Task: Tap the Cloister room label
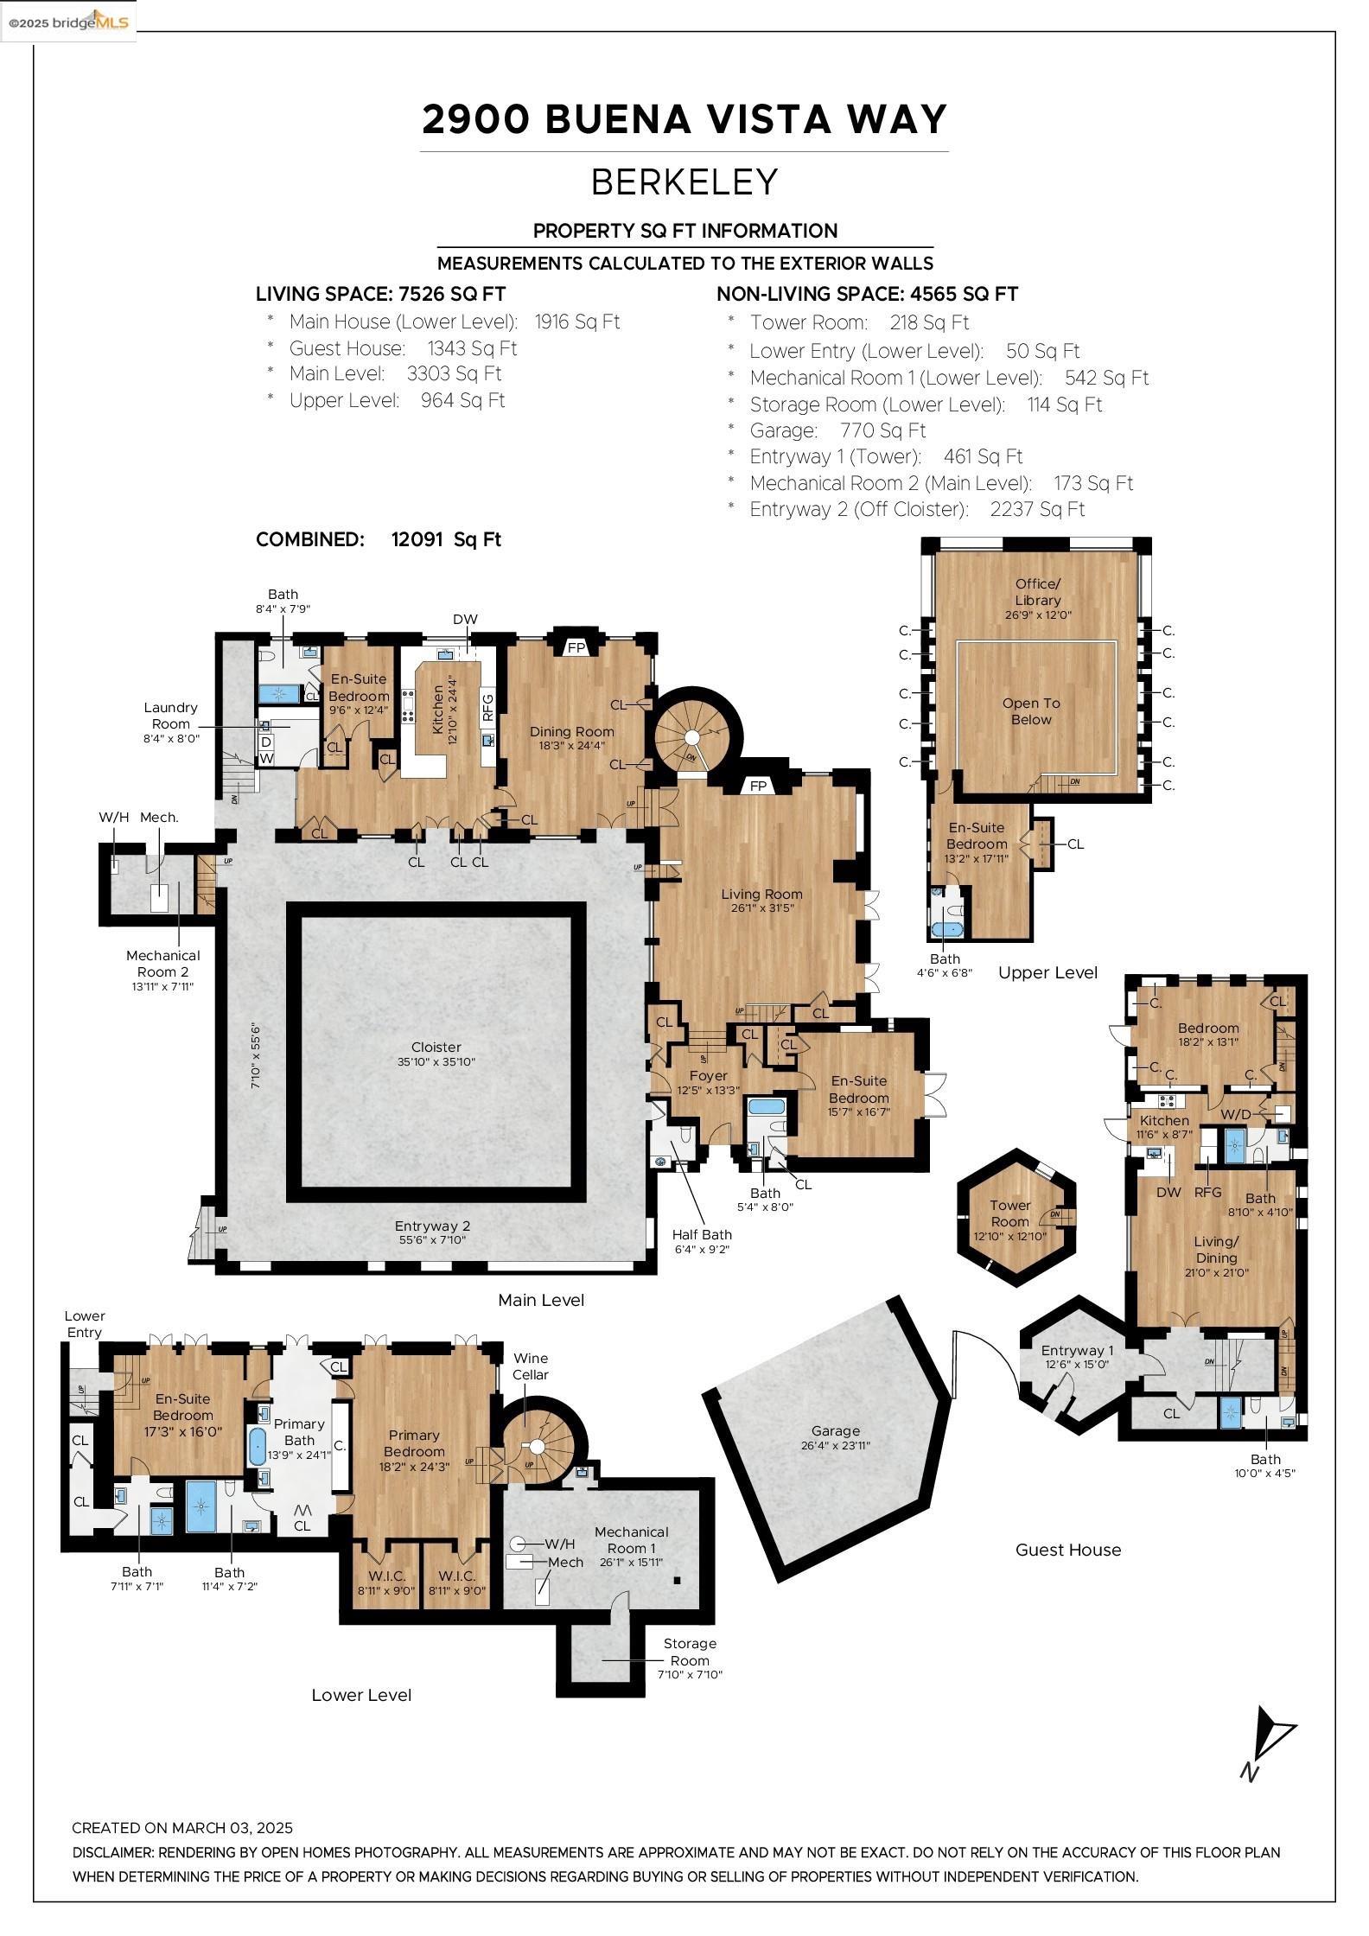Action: pyautogui.click(x=436, y=1047)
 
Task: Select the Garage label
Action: pyautogui.click(x=836, y=1430)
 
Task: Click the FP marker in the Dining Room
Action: pyautogui.click(x=576, y=647)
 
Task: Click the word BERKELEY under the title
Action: pyautogui.click(x=684, y=182)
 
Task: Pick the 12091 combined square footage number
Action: pyautogui.click(x=417, y=539)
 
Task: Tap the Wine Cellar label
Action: pyautogui.click(x=531, y=1366)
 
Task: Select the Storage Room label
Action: pyautogui.click(x=690, y=1652)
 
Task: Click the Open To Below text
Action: pyautogui.click(x=1031, y=711)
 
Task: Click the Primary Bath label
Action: pyautogui.click(x=299, y=1432)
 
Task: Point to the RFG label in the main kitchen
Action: pyautogui.click(x=487, y=707)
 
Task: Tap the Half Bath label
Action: pyautogui.click(x=702, y=1235)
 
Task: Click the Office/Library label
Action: pyautogui.click(x=1037, y=592)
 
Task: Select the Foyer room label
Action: pyautogui.click(x=708, y=1076)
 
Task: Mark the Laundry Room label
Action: pyautogui.click(x=170, y=716)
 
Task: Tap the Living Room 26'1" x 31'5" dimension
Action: pyautogui.click(x=761, y=908)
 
